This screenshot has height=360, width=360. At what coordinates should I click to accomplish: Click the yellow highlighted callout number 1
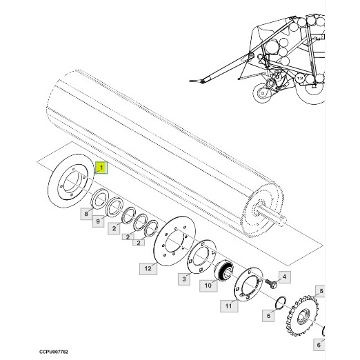point(101,168)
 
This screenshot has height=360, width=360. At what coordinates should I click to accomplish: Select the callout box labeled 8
point(86,214)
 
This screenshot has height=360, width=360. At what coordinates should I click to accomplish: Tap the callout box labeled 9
point(98,221)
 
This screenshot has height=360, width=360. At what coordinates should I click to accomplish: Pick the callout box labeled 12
point(148,268)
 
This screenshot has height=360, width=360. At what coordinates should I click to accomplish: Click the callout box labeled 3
point(184,279)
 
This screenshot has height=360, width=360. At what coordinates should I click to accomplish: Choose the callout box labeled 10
point(208,286)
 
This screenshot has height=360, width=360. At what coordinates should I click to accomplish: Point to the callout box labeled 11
point(229,306)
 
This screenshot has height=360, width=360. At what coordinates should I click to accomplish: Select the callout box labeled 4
point(285,277)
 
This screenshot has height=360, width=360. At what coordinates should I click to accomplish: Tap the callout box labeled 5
point(321,291)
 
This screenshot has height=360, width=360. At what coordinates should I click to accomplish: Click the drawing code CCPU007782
point(54,352)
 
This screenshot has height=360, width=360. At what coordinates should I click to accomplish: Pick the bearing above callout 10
point(224,271)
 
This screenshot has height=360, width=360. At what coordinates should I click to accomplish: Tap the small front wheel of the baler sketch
point(262,93)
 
